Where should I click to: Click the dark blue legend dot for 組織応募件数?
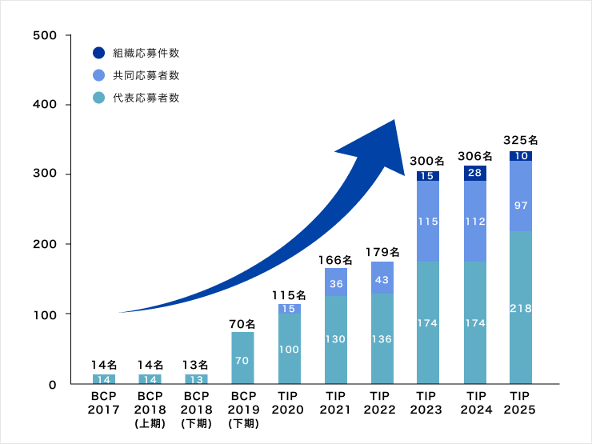click(x=98, y=53)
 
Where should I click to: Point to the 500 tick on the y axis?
click(x=46, y=35)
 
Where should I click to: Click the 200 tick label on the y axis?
click(x=46, y=244)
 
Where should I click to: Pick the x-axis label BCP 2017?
click(x=103, y=403)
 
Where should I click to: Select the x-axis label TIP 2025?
click(x=521, y=403)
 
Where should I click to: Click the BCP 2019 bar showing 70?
click(x=242, y=359)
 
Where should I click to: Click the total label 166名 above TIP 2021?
click(x=335, y=259)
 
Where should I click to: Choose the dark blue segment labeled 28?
click(x=474, y=173)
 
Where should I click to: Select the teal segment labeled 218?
click(x=521, y=308)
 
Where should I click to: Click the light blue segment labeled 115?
click(x=428, y=221)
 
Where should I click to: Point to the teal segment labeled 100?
click(x=289, y=350)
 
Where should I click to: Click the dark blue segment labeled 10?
click(x=521, y=156)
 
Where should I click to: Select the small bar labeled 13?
click(x=196, y=379)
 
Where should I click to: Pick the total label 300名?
click(x=428, y=161)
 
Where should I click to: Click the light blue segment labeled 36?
click(x=335, y=282)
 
